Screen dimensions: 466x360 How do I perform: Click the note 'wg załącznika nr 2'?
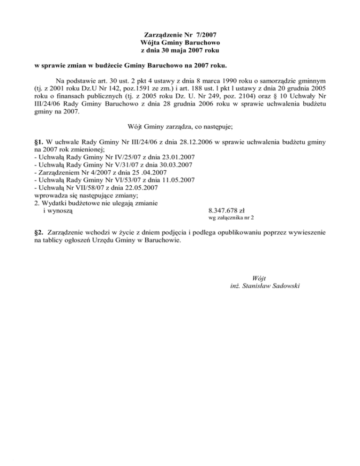click(231, 218)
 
